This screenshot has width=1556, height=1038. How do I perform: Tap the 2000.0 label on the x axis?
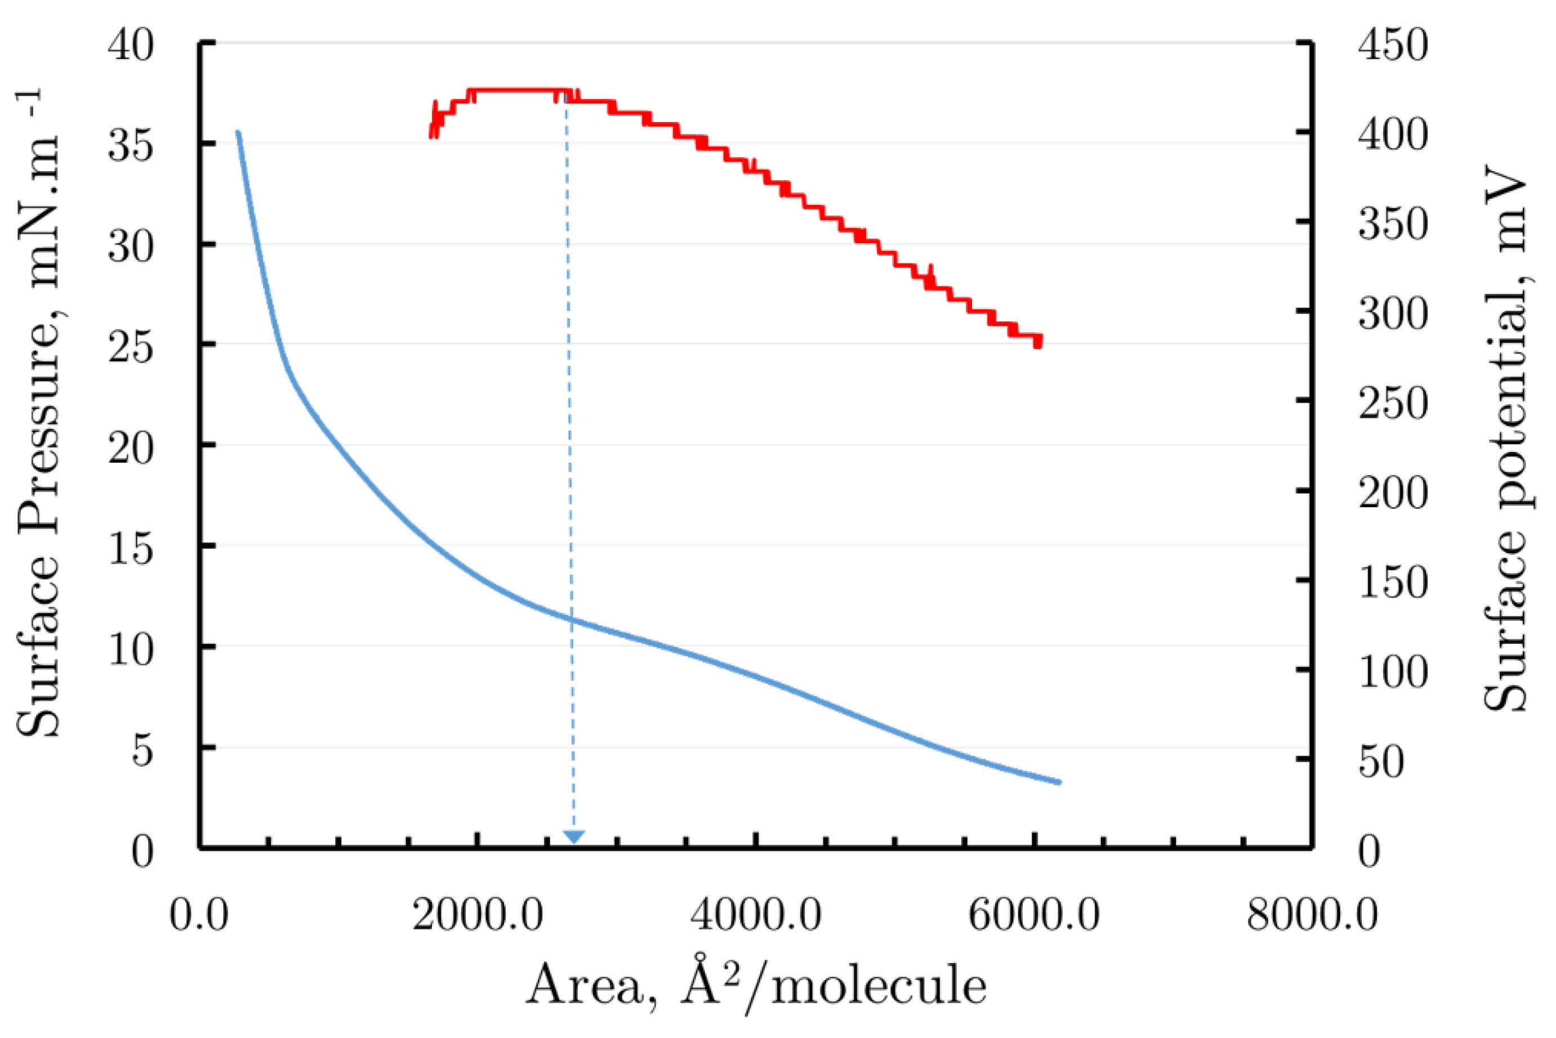[x=478, y=915]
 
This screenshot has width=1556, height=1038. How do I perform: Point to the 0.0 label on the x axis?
[x=199, y=915]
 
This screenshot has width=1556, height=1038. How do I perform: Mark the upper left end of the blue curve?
[x=238, y=132]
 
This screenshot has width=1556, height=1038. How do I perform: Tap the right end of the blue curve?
[x=1059, y=782]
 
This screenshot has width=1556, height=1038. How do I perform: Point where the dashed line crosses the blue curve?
[x=570, y=619]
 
